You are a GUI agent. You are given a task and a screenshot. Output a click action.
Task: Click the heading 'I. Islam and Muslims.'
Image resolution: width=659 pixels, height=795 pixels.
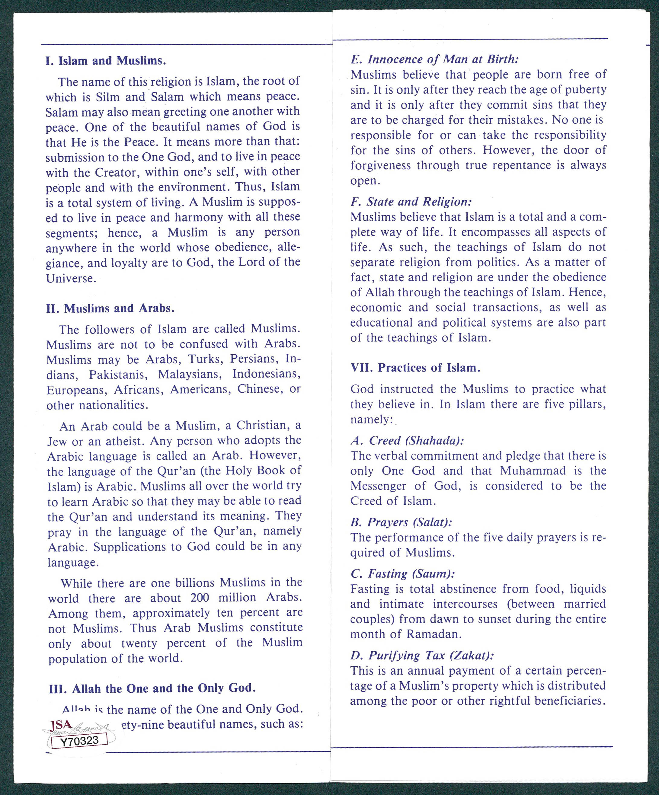tap(106, 61)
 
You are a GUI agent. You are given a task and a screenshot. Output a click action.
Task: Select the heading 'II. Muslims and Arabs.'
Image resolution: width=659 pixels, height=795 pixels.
tap(110, 308)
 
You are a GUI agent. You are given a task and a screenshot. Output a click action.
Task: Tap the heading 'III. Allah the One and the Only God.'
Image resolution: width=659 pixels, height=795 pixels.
tap(152, 688)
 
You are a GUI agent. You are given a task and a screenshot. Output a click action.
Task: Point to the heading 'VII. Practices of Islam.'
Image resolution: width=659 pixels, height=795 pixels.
tap(415, 368)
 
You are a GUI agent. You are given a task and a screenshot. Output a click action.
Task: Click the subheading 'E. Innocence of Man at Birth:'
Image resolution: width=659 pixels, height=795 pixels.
tap(434, 59)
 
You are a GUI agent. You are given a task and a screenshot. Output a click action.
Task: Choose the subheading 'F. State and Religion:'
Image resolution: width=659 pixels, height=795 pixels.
tap(411, 201)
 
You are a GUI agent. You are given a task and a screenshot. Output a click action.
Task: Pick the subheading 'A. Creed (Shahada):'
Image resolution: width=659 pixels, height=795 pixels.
tap(407, 440)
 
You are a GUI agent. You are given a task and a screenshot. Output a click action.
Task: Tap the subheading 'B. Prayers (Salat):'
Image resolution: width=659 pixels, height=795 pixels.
tap(401, 522)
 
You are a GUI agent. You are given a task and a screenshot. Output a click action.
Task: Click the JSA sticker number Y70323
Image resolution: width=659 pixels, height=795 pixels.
tap(79, 741)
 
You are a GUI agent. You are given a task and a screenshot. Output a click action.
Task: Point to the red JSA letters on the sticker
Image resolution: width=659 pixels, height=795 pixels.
tap(61, 725)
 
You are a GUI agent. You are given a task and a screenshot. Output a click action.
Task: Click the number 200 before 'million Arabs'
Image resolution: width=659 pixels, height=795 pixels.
tap(200, 598)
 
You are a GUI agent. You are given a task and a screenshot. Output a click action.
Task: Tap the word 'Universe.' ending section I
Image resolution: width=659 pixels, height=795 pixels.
tap(71, 278)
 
